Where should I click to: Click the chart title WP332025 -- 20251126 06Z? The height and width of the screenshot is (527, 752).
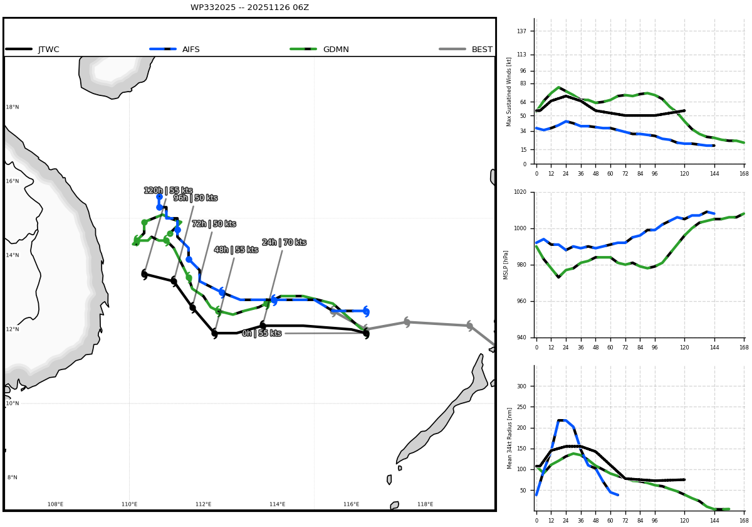pyautogui.click(x=249, y=8)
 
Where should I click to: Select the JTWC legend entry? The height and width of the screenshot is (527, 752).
pyautogui.click(x=32, y=50)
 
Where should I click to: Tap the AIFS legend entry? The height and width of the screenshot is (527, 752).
pyautogui.click(x=175, y=50)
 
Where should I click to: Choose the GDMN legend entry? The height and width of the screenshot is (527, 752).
pyautogui.click(x=319, y=50)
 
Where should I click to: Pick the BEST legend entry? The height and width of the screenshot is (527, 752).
pyautogui.click(x=466, y=50)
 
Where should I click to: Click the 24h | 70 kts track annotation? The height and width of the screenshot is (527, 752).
pyautogui.click(x=284, y=242)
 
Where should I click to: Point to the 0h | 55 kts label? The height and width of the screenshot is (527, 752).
pyautogui.click(x=261, y=333)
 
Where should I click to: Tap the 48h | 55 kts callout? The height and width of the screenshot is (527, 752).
pyautogui.click(x=236, y=250)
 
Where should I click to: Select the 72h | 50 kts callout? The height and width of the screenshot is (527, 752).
pyautogui.click(x=214, y=224)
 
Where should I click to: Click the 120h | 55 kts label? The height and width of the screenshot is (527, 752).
pyautogui.click(x=168, y=191)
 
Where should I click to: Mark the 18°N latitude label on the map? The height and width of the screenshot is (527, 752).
pyautogui.click(x=13, y=107)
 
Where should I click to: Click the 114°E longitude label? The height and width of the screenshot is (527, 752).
pyautogui.click(x=277, y=504)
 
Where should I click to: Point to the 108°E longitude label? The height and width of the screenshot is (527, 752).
pyautogui.click(x=55, y=504)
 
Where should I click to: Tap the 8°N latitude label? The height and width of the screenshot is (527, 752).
pyautogui.click(x=13, y=477)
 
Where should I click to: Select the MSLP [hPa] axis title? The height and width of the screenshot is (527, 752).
pyautogui.click(x=505, y=265)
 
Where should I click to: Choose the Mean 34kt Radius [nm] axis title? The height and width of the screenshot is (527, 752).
pyautogui.click(x=509, y=439)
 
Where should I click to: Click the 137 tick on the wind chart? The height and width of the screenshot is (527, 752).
pyautogui.click(x=521, y=31)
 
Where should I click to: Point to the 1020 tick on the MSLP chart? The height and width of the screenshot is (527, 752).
pyautogui.click(x=520, y=192)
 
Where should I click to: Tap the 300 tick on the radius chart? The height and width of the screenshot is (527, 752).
pyautogui.click(x=521, y=386)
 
